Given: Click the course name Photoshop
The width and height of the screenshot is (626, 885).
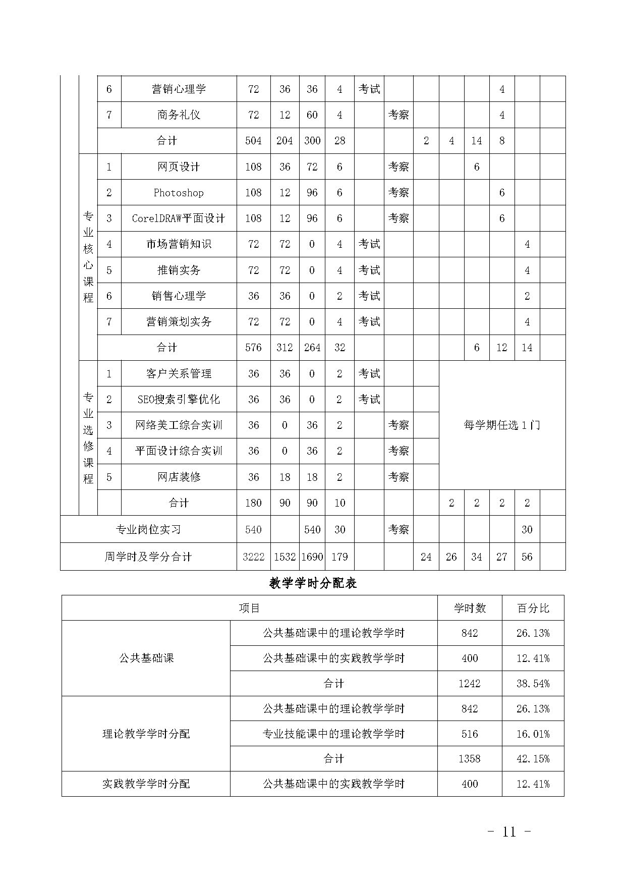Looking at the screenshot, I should tap(179, 193).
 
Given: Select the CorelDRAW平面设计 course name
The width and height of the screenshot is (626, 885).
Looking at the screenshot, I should tap(179, 218).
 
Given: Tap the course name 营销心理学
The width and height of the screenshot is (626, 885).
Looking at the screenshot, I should tap(179, 89).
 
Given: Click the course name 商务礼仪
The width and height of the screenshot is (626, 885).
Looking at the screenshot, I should tap(179, 115).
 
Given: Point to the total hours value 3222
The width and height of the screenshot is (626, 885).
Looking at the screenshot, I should tap(253, 557).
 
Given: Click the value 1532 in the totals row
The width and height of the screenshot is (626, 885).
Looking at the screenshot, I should tap(284, 557).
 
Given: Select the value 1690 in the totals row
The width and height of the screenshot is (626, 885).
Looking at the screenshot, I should tap(312, 557).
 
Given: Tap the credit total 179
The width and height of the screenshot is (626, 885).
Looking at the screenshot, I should tap(339, 557).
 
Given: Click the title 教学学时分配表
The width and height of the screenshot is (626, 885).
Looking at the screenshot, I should tap(313, 584).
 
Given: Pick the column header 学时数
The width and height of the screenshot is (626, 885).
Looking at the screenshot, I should tap(470, 608).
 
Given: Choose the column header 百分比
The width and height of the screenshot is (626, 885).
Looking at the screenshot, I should tap(533, 608).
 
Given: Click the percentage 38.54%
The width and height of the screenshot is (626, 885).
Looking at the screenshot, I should tap(533, 684).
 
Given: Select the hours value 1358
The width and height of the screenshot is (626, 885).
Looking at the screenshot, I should tap(470, 759).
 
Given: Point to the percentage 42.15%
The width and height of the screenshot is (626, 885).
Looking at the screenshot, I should tap(533, 759).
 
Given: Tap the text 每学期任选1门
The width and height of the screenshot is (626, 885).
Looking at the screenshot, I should tap(502, 425).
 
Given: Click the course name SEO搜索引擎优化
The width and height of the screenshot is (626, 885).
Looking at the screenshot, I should tap(179, 400).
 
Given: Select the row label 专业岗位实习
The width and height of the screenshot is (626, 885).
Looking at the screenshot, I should tap(148, 529).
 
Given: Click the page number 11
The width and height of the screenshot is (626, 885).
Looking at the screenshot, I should tap(509, 832).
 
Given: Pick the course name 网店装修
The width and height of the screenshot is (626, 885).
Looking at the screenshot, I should tap(179, 477).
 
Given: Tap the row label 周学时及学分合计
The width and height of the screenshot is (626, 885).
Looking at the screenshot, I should tap(148, 557).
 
